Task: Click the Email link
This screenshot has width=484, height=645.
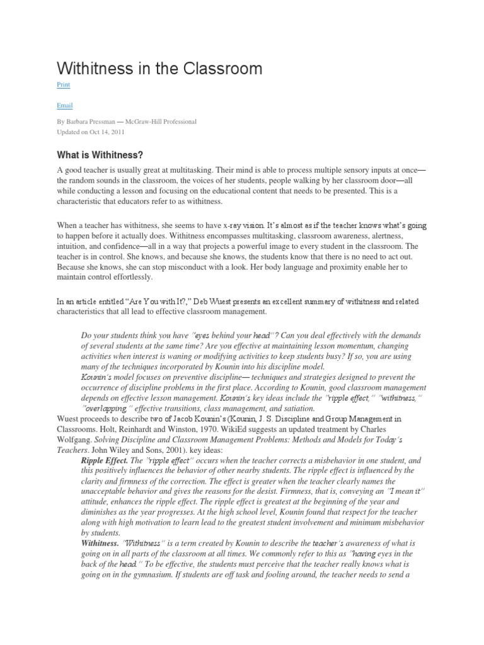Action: point(64,107)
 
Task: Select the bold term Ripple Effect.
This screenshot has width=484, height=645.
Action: point(104,460)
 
